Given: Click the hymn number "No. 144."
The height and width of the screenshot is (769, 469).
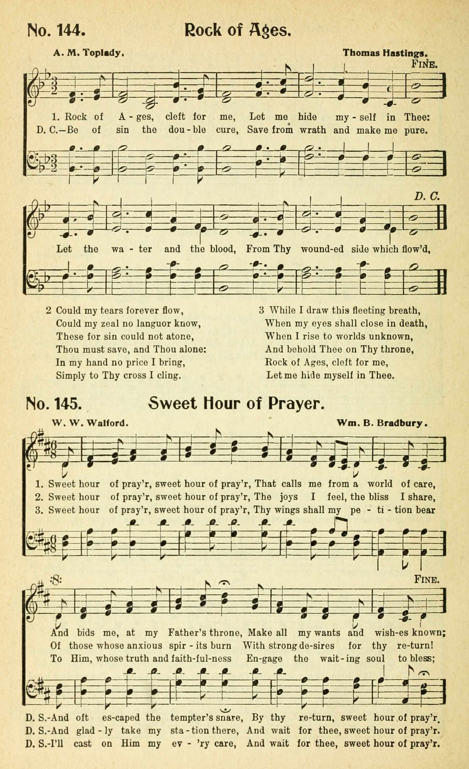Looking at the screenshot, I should point(56,31).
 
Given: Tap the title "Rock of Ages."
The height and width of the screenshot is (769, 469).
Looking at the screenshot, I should point(238,31).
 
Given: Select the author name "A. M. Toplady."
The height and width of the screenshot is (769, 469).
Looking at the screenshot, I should point(89,53).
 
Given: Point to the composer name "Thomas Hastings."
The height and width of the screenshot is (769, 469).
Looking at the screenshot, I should point(385,53).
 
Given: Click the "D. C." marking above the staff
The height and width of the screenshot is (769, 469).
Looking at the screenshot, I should point(427,197).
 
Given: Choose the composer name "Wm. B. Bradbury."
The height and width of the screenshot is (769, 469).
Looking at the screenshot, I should point(382,423).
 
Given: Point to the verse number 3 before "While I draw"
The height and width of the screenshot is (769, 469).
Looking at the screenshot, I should point(261,311).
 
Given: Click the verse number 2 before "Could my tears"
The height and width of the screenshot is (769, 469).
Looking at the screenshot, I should point(48,311).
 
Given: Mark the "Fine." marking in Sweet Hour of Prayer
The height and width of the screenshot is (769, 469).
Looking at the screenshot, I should point(427,580).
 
